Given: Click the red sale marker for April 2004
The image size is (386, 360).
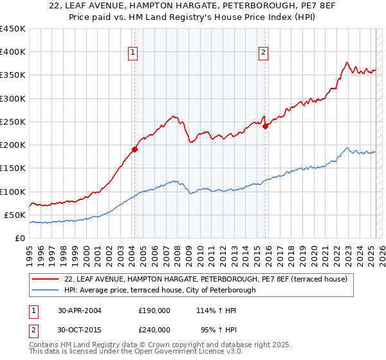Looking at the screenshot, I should (134, 150).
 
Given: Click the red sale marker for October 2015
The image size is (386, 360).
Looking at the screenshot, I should (265, 127).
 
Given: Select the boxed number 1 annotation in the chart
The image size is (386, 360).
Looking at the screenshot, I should (133, 53).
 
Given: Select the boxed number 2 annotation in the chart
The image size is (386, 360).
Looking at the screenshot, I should (264, 53).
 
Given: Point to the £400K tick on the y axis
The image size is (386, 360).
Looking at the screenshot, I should (13, 52).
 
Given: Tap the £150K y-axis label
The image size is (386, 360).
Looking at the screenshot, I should (13, 168).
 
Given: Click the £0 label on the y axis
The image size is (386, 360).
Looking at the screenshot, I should (20, 239).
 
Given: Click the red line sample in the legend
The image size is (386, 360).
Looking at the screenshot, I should (46, 279).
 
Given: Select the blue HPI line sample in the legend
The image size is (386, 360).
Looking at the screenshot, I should (46, 290).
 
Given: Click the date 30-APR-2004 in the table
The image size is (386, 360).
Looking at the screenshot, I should (80, 310).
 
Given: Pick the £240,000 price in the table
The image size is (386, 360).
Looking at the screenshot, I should (154, 329).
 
